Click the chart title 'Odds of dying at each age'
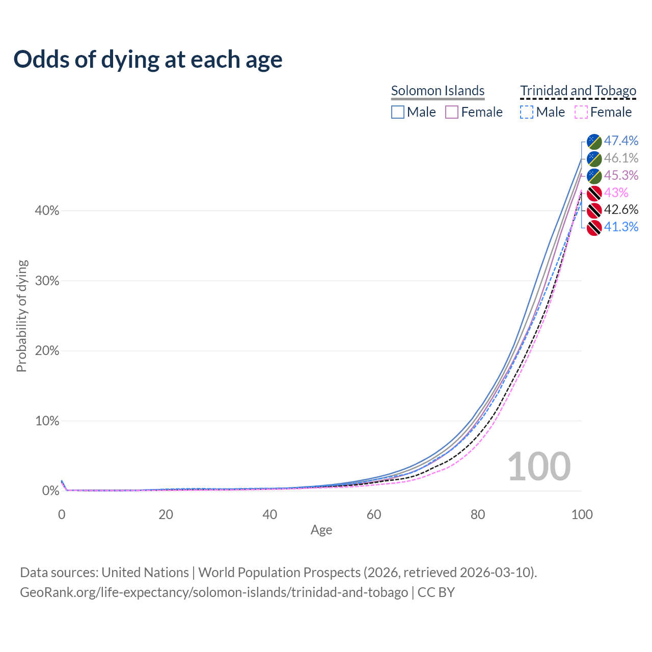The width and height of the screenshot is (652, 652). click(148, 60)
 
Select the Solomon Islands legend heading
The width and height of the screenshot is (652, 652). click(438, 91)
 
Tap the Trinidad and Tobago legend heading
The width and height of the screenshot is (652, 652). click(578, 91)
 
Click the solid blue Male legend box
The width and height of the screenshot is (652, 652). click(398, 112)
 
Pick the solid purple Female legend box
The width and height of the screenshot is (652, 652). click(452, 112)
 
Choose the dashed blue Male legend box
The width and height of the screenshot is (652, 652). click(527, 112)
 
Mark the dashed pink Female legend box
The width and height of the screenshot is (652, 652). click(581, 112)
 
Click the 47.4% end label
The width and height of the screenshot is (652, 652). click(621, 141)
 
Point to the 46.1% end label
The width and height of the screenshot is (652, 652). click(621, 158)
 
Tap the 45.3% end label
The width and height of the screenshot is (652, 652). click(621, 175)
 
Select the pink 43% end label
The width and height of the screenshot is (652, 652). click(616, 193)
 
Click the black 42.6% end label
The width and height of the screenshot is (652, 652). click(621, 209)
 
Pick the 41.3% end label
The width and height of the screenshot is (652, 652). click(621, 227)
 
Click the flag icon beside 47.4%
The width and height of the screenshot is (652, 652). click(594, 142)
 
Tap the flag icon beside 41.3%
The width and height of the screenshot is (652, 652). click(594, 228)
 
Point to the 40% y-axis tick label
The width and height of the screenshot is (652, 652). click(47, 210)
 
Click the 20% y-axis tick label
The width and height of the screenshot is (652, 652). click(47, 350)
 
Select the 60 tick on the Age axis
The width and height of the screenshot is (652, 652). click(374, 514)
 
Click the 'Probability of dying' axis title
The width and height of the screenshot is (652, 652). click(21, 316)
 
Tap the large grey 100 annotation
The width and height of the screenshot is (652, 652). click(539, 466)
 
